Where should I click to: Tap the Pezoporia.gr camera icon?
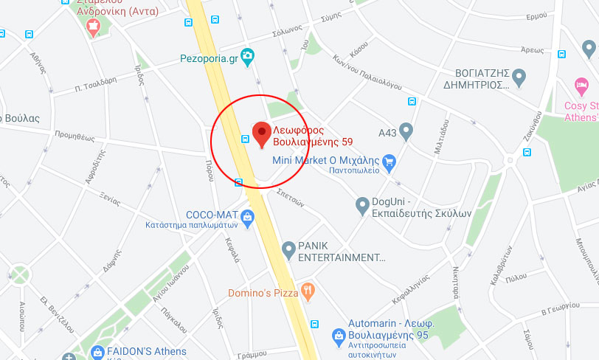[248, 55]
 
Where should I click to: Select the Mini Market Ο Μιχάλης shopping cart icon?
[389, 162]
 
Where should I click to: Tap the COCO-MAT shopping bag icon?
[247, 216]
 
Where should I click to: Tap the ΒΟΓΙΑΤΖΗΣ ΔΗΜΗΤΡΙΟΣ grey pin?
[519, 76]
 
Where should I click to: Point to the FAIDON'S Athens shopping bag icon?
[97, 354]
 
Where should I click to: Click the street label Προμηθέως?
[75, 136]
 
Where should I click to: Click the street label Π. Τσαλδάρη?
[96, 84]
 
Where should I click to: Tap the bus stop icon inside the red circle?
[245, 139]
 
